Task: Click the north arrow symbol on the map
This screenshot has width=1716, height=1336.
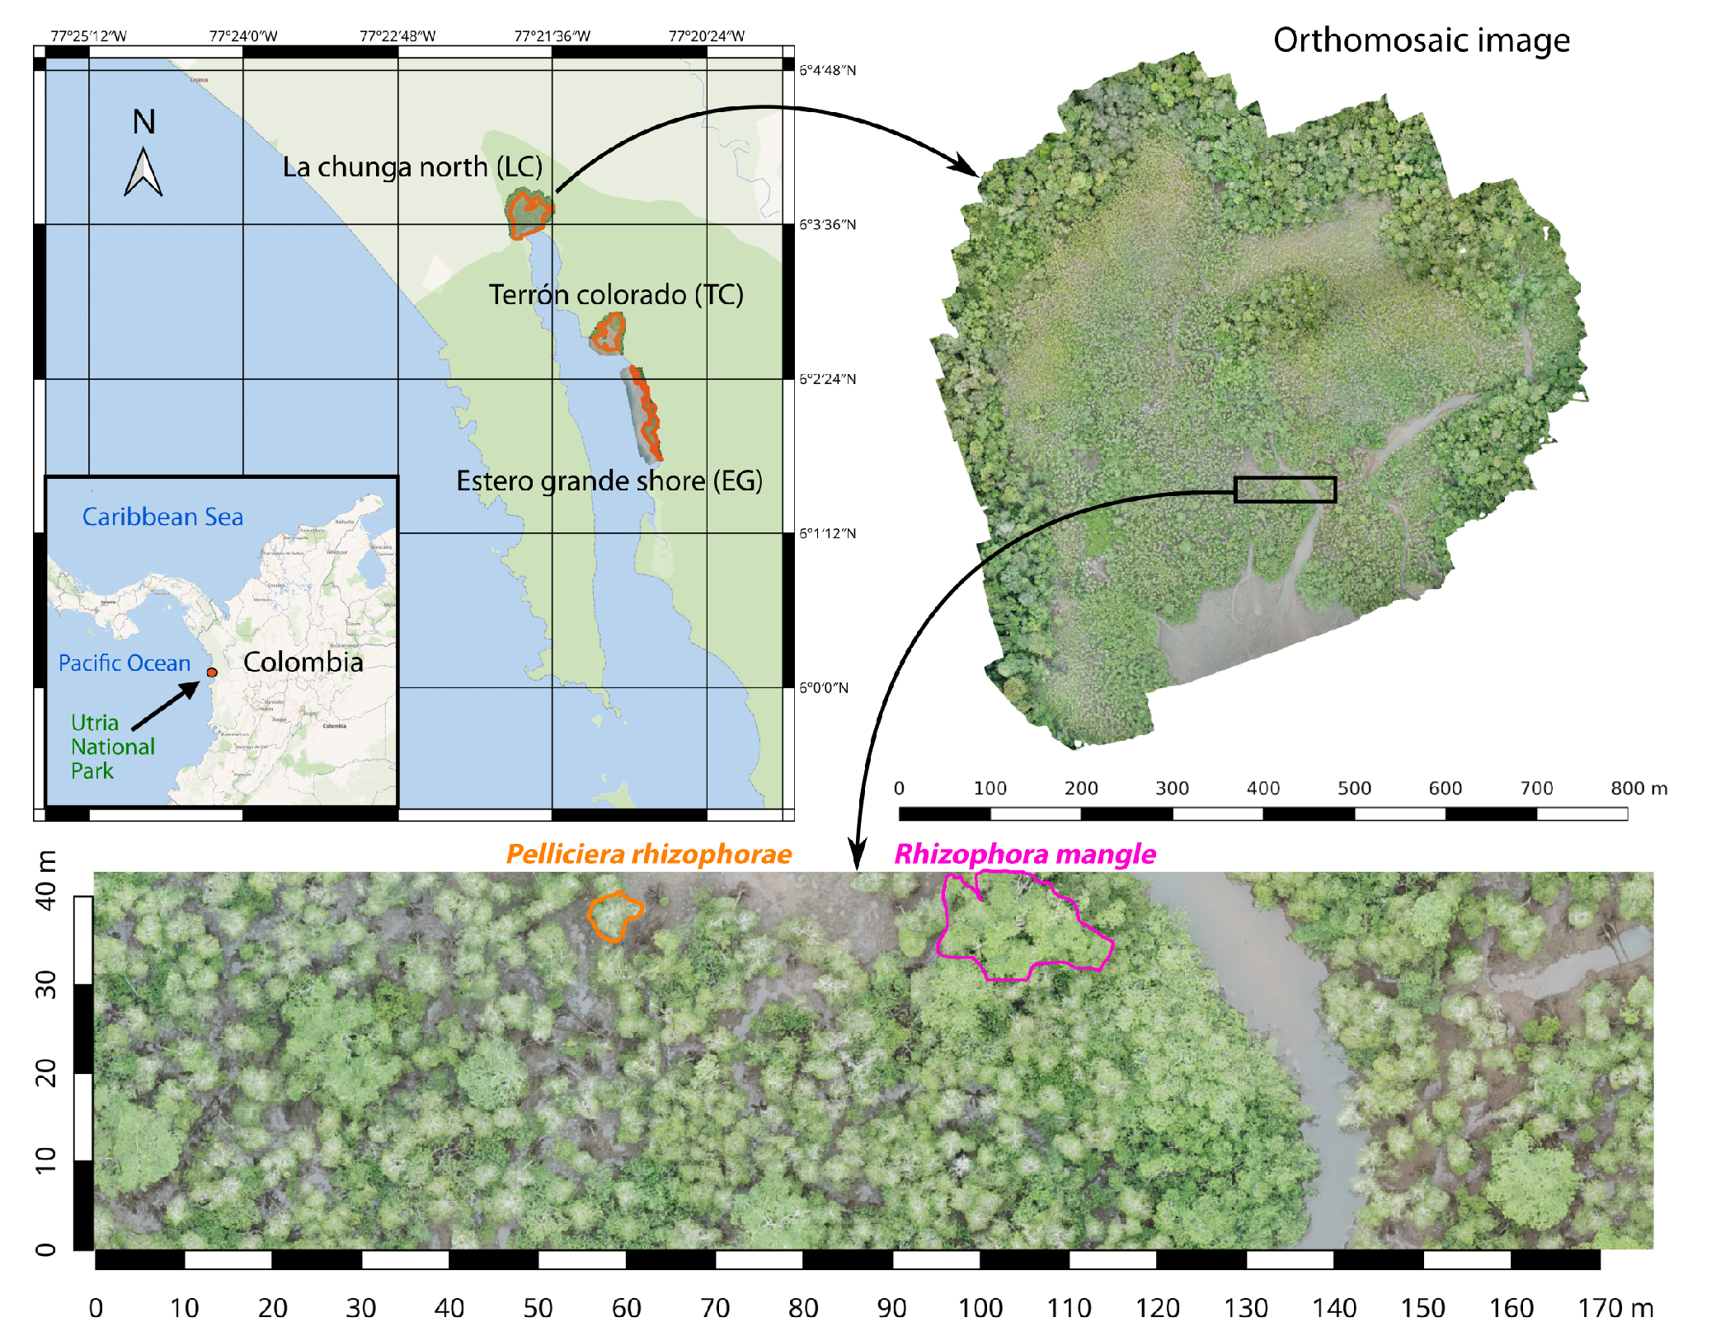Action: pyautogui.click(x=143, y=173)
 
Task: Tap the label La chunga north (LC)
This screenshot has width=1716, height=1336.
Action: pyautogui.click(x=412, y=167)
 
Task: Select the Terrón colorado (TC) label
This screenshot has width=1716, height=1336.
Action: pyautogui.click(x=615, y=295)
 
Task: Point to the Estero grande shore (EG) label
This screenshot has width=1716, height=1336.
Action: pyautogui.click(x=609, y=481)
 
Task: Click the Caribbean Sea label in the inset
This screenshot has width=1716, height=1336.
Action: pyautogui.click(x=162, y=518)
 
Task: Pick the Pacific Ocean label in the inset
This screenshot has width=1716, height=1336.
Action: pyautogui.click(x=125, y=663)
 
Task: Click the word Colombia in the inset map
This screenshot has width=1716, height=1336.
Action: pyautogui.click(x=303, y=662)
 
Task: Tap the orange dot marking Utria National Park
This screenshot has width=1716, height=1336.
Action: pyautogui.click(x=212, y=673)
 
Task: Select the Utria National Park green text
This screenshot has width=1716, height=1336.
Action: pyautogui.click(x=112, y=747)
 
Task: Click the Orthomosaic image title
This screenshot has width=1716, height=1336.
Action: pyautogui.click(x=1421, y=40)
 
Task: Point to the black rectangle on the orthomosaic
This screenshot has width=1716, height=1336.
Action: pyautogui.click(x=1285, y=490)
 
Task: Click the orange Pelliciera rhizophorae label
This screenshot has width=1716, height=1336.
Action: pyautogui.click(x=649, y=855)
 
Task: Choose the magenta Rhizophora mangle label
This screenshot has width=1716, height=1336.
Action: pyautogui.click(x=1025, y=855)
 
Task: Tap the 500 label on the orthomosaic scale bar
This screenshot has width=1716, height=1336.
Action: pyautogui.click(x=1353, y=789)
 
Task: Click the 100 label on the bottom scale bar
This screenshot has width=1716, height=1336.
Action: pyautogui.click(x=980, y=1308)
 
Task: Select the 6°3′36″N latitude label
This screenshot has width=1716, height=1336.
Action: pyautogui.click(x=827, y=225)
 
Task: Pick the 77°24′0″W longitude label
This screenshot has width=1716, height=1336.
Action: pyautogui.click(x=243, y=36)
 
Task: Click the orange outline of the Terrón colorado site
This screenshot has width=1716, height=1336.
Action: pyautogui.click(x=609, y=334)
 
